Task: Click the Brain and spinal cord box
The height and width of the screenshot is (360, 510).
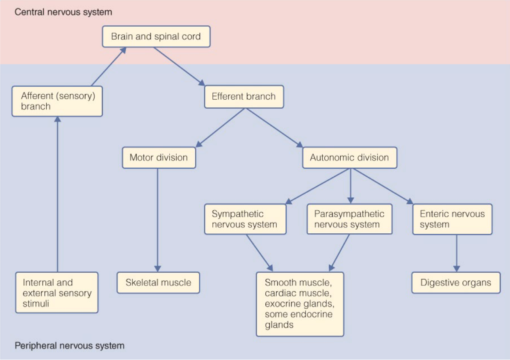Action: pyautogui.click(x=156, y=36)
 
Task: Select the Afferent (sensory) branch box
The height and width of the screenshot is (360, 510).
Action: pyautogui.click(x=57, y=101)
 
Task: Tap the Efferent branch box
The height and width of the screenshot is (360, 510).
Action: pyautogui.click(x=244, y=97)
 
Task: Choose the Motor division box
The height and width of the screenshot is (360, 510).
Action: pyautogui.click(x=159, y=157)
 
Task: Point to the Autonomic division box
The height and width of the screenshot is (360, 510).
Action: pyautogui.click(x=350, y=157)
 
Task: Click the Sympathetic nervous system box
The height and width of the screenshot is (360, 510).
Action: pyautogui.click(x=245, y=219)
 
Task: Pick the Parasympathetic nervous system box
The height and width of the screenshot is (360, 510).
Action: pyautogui.click(x=349, y=219)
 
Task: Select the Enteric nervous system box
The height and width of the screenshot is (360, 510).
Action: pyautogui.click(x=452, y=219)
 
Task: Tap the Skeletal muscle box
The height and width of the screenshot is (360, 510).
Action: pyautogui.click(x=158, y=283)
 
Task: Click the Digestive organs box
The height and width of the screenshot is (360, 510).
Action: pyautogui.click(x=456, y=283)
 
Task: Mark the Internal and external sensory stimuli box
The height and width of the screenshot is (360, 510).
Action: pyautogui.click(x=57, y=293)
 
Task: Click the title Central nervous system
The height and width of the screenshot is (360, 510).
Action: pyautogui.click(x=63, y=12)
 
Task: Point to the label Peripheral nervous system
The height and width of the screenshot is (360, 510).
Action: pyautogui.click(x=69, y=346)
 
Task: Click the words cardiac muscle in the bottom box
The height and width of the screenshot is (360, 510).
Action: pyautogui.click(x=297, y=293)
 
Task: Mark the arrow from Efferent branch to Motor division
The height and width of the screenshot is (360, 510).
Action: pyautogui.click(x=221, y=128)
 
